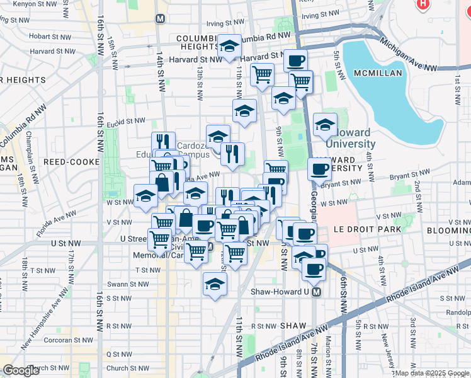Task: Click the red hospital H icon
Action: coord(423,4)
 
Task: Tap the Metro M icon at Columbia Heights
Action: coord(161,18)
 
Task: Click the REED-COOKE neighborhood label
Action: coord(71,162)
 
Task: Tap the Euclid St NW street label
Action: coord(126,122)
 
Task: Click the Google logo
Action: coord(21,370)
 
